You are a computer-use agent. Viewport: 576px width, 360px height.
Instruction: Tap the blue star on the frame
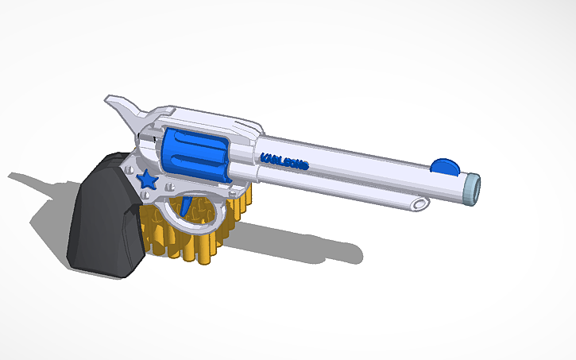coord(148,180)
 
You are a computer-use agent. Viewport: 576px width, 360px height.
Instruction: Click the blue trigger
coord(186,206)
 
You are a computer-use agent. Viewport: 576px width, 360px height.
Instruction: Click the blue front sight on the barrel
coord(444,165)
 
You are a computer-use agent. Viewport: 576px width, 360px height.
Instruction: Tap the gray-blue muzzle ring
coord(472,189)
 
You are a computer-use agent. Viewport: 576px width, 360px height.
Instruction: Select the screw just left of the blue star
coord(131,170)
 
